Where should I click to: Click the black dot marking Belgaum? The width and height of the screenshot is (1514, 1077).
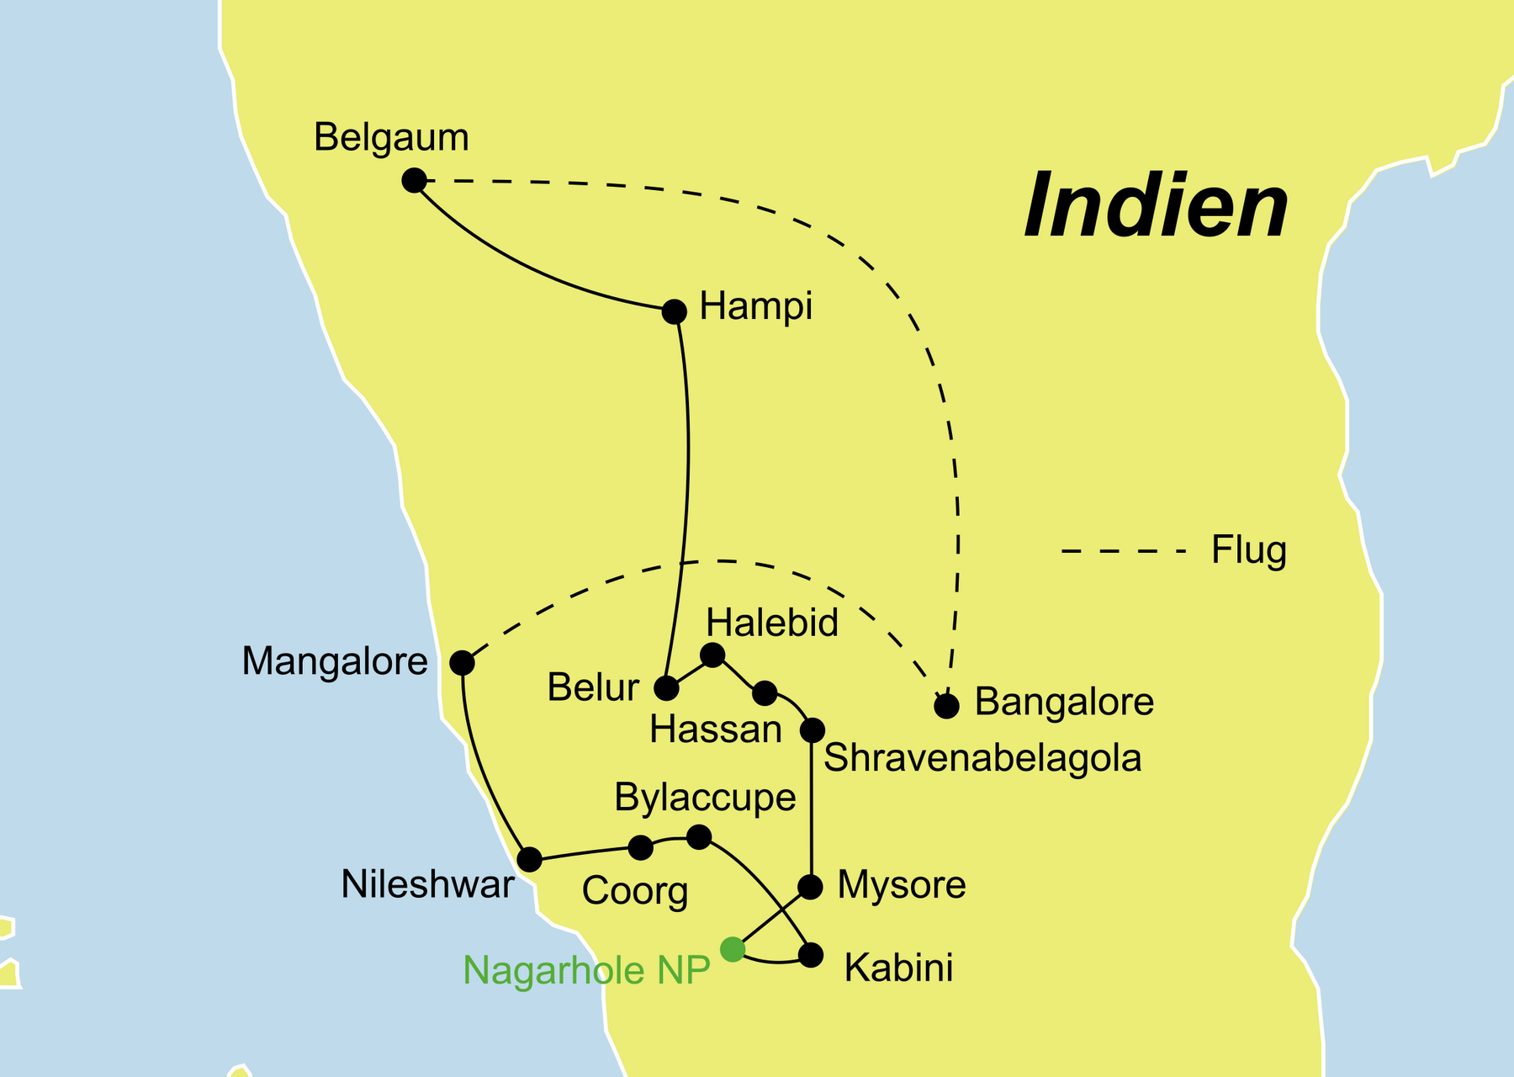point(414,180)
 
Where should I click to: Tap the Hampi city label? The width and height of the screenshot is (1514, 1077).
point(755,306)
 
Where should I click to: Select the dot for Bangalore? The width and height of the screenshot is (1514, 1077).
point(947,706)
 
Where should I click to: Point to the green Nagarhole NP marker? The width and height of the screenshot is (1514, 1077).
point(733,950)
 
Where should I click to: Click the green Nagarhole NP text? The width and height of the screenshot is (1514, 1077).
point(586,970)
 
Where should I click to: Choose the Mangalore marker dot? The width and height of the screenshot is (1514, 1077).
point(462,663)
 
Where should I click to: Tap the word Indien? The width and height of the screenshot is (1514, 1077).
point(1157,207)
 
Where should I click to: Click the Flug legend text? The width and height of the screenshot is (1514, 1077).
point(1248,550)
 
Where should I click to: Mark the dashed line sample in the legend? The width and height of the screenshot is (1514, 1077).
point(1123,552)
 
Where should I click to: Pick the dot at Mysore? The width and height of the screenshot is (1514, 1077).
point(810,887)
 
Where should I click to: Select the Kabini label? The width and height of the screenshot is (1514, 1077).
point(898,968)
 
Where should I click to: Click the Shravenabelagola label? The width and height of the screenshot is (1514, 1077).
point(982,758)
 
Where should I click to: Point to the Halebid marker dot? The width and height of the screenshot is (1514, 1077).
point(712,655)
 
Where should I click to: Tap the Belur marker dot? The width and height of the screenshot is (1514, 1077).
point(666,688)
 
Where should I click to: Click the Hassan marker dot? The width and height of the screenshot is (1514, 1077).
point(765,693)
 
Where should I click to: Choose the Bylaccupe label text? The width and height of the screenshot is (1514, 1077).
point(705,797)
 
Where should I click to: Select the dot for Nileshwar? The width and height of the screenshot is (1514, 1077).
point(529,860)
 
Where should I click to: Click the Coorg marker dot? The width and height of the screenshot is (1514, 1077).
point(641,847)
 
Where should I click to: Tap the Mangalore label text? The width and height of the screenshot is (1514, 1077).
point(335,661)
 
